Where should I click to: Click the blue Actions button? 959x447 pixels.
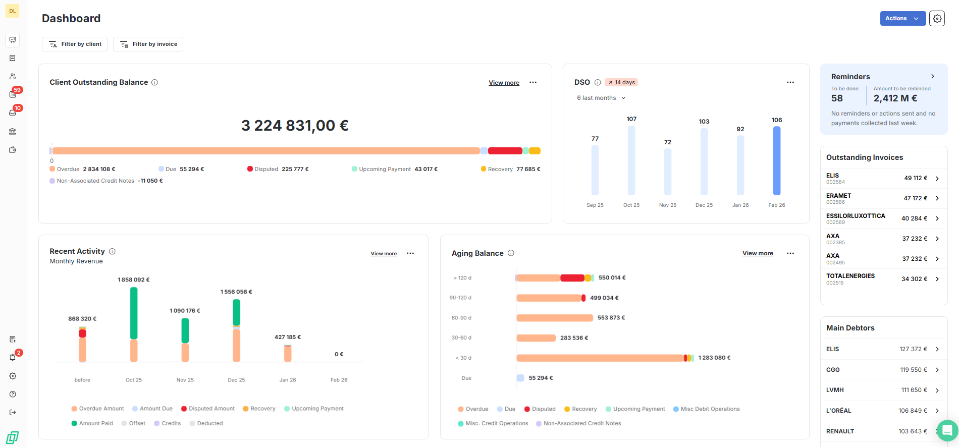902,18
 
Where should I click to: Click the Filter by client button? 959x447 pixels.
75,44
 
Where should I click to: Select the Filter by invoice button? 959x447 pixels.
148,44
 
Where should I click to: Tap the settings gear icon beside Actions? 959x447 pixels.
937,18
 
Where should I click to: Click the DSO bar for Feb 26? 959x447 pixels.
777,160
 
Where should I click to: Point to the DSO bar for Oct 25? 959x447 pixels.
631,160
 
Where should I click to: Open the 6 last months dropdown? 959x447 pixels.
601,98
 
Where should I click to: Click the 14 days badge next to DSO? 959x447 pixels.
622,82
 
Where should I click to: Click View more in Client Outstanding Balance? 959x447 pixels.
504,83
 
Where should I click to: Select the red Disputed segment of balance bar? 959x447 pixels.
505,151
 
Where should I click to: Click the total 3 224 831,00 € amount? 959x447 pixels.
295,125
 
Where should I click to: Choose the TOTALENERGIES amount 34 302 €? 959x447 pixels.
914,279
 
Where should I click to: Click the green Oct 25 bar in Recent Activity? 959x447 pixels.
134,313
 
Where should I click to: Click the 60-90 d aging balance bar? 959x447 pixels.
554,318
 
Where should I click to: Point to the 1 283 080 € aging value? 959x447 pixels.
714,358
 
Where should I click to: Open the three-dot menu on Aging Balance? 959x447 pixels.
790,253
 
